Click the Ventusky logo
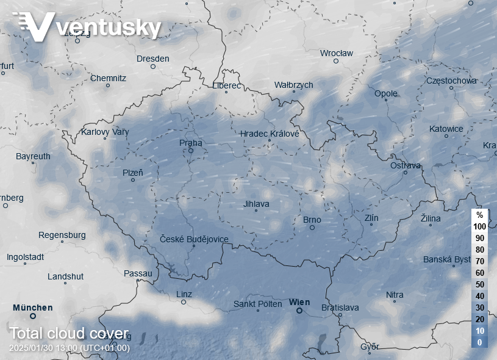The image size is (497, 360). click(x=87, y=26)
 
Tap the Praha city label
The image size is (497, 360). click(x=190, y=143)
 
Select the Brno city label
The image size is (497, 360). click(x=312, y=220)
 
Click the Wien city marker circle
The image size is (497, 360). click(x=299, y=311)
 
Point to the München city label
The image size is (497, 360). click(x=33, y=308)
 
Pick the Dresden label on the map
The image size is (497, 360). click(x=153, y=59)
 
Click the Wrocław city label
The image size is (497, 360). click(x=337, y=53)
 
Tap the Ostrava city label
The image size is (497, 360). click(x=406, y=165)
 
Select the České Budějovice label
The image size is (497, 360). click(x=194, y=239)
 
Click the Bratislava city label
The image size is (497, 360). click(x=340, y=308)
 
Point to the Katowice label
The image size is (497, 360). click(x=446, y=129)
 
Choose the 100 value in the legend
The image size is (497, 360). click(x=479, y=226)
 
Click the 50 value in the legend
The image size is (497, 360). click(x=479, y=284)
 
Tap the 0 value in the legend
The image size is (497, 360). click(x=479, y=342)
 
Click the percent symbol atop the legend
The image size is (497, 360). click(x=479, y=215)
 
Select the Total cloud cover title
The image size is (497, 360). click(x=69, y=334)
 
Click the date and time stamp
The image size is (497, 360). click(x=69, y=348)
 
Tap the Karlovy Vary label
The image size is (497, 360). click(x=105, y=132)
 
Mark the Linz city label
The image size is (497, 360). click(x=184, y=295)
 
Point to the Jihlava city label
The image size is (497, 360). click(x=256, y=204)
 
